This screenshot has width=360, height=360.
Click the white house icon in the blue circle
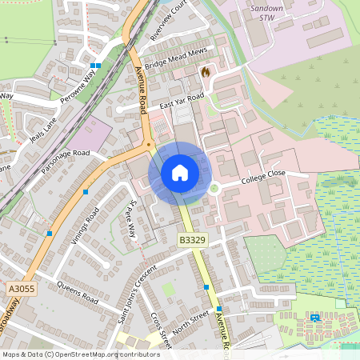[x=180, y=173]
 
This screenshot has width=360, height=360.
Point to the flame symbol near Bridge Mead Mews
[x=206, y=72]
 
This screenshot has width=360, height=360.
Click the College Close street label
[x=263, y=175]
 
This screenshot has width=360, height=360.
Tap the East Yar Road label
[x=182, y=102]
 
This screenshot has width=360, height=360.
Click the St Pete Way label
[x=129, y=217]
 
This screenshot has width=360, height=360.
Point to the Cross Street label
[x=161, y=330]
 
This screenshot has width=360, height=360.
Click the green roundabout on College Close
[x=214, y=189]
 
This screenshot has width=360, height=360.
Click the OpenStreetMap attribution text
[x=80, y=354]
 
